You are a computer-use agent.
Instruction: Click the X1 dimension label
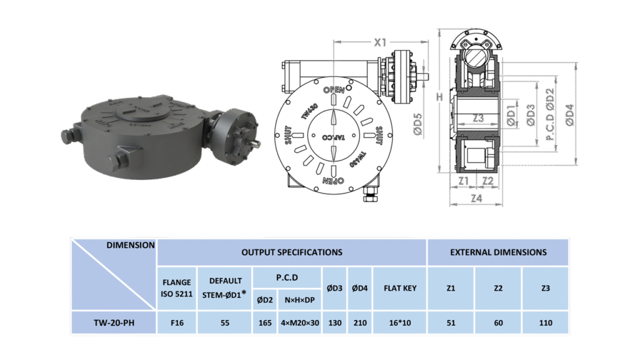380,42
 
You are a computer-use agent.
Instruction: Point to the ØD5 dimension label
417,124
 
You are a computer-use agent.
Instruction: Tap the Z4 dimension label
476,198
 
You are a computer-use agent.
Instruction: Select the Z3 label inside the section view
478,118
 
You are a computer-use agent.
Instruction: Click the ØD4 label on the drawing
569,115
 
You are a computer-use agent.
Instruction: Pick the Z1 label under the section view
463,181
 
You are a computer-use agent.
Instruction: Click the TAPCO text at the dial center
333,137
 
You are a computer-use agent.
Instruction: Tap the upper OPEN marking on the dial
334,89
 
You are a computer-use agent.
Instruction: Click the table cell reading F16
177,323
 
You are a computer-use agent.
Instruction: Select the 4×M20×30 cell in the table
300,323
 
